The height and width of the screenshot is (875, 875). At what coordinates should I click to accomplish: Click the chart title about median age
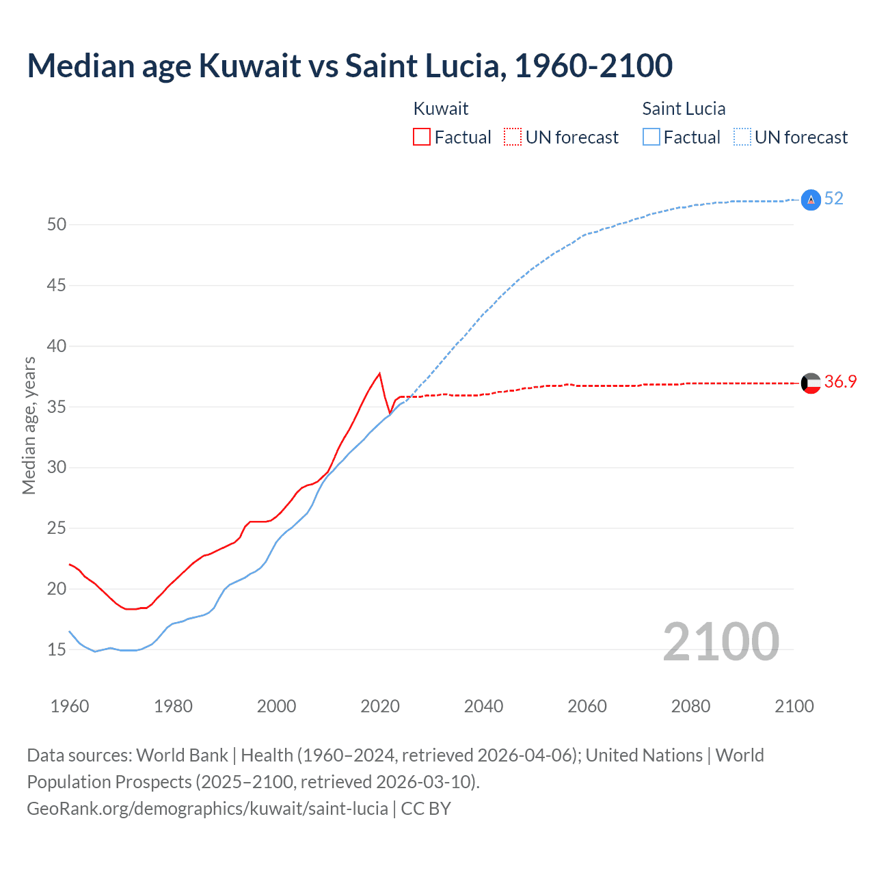pos(350,66)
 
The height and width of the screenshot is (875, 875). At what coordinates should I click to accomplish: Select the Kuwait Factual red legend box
pos(422,137)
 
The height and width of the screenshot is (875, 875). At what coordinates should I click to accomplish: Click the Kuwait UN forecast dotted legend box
pos(513,137)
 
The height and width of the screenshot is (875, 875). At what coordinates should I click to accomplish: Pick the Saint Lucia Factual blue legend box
pos(651,137)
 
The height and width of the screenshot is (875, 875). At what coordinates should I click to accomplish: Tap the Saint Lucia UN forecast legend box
pos(742,137)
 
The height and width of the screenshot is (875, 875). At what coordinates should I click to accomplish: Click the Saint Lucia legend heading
pos(684,109)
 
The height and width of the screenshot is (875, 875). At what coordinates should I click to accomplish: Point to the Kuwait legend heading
pos(441,109)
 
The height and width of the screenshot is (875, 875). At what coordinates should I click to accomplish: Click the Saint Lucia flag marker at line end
pos(811,200)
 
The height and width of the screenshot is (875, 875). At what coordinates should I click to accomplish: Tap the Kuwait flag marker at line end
pos(811,383)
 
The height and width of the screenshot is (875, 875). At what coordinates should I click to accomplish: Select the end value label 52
pos(834,198)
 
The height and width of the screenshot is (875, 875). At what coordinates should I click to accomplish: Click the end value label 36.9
pos(840,381)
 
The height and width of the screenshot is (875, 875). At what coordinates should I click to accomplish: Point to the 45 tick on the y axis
pos(57,285)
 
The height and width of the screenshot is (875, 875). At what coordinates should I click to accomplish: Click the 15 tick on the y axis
pos(57,649)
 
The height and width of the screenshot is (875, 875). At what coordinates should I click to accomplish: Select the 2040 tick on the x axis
pos(483,706)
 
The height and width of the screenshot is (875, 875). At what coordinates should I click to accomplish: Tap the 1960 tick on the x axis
pos(70,706)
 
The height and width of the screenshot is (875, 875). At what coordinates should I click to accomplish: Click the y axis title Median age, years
pos(29,425)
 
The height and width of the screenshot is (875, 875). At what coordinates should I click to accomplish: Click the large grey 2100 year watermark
pos(721,641)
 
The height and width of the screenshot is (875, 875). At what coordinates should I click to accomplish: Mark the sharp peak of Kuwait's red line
pos(379,373)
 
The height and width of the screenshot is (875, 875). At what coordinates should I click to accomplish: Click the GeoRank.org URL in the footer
pos(207,809)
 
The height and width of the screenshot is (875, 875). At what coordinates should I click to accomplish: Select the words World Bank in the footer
pos(182,755)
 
